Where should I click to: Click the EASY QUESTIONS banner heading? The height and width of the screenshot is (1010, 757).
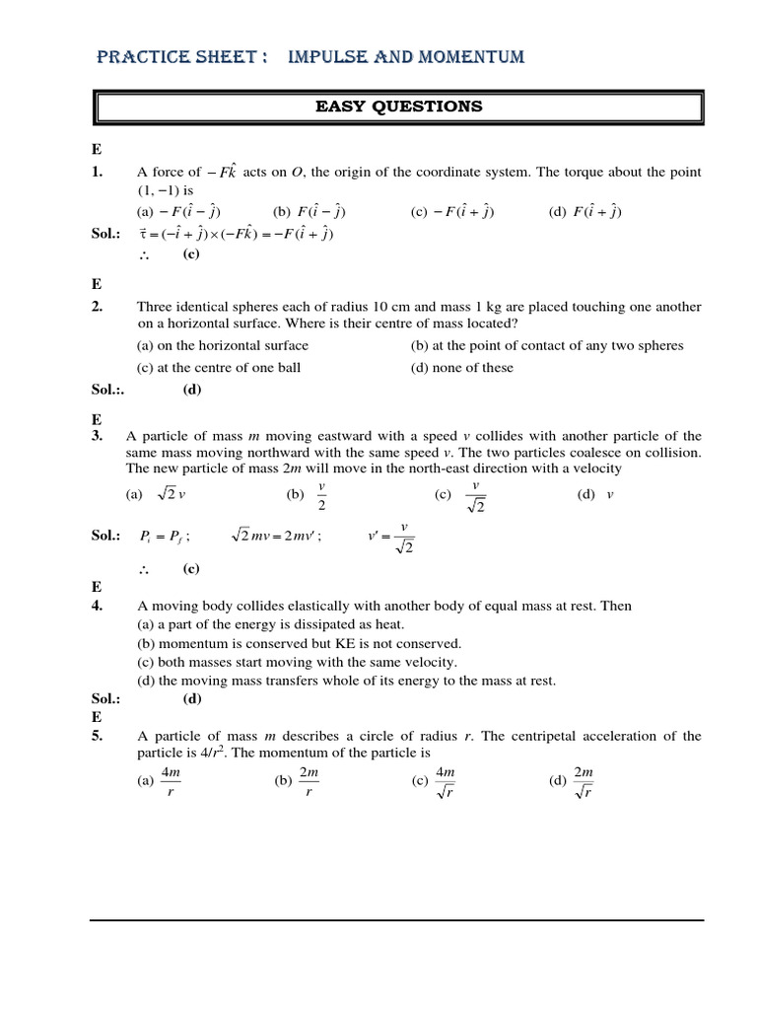[x=398, y=107]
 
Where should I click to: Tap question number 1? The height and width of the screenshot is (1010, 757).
[x=98, y=172]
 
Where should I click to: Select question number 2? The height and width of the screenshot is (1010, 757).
[x=98, y=307]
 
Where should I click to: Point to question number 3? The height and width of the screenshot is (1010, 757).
[x=98, y=436]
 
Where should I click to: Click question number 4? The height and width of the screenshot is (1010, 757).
[x=98, y=606]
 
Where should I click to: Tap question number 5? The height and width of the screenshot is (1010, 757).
[x=98, y=736]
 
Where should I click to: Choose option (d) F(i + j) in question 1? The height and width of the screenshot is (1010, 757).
[x=585, y=211]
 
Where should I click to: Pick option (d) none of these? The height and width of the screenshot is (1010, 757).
[x=462, y=368]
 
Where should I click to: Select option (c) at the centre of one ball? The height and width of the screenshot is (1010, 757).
[x=219, y=368]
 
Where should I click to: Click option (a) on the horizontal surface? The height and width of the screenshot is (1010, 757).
[x=223, y=345]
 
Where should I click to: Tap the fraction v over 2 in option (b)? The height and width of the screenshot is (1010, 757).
[x=322, y=496]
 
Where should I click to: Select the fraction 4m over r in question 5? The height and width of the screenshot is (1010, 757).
[x=171, y=782]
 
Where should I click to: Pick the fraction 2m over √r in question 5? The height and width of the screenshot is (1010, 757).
[x=584, y=782]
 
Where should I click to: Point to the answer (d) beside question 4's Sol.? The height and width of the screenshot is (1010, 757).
[x=192, y=699]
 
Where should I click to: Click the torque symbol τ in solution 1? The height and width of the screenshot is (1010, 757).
[x=143, y=235]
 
